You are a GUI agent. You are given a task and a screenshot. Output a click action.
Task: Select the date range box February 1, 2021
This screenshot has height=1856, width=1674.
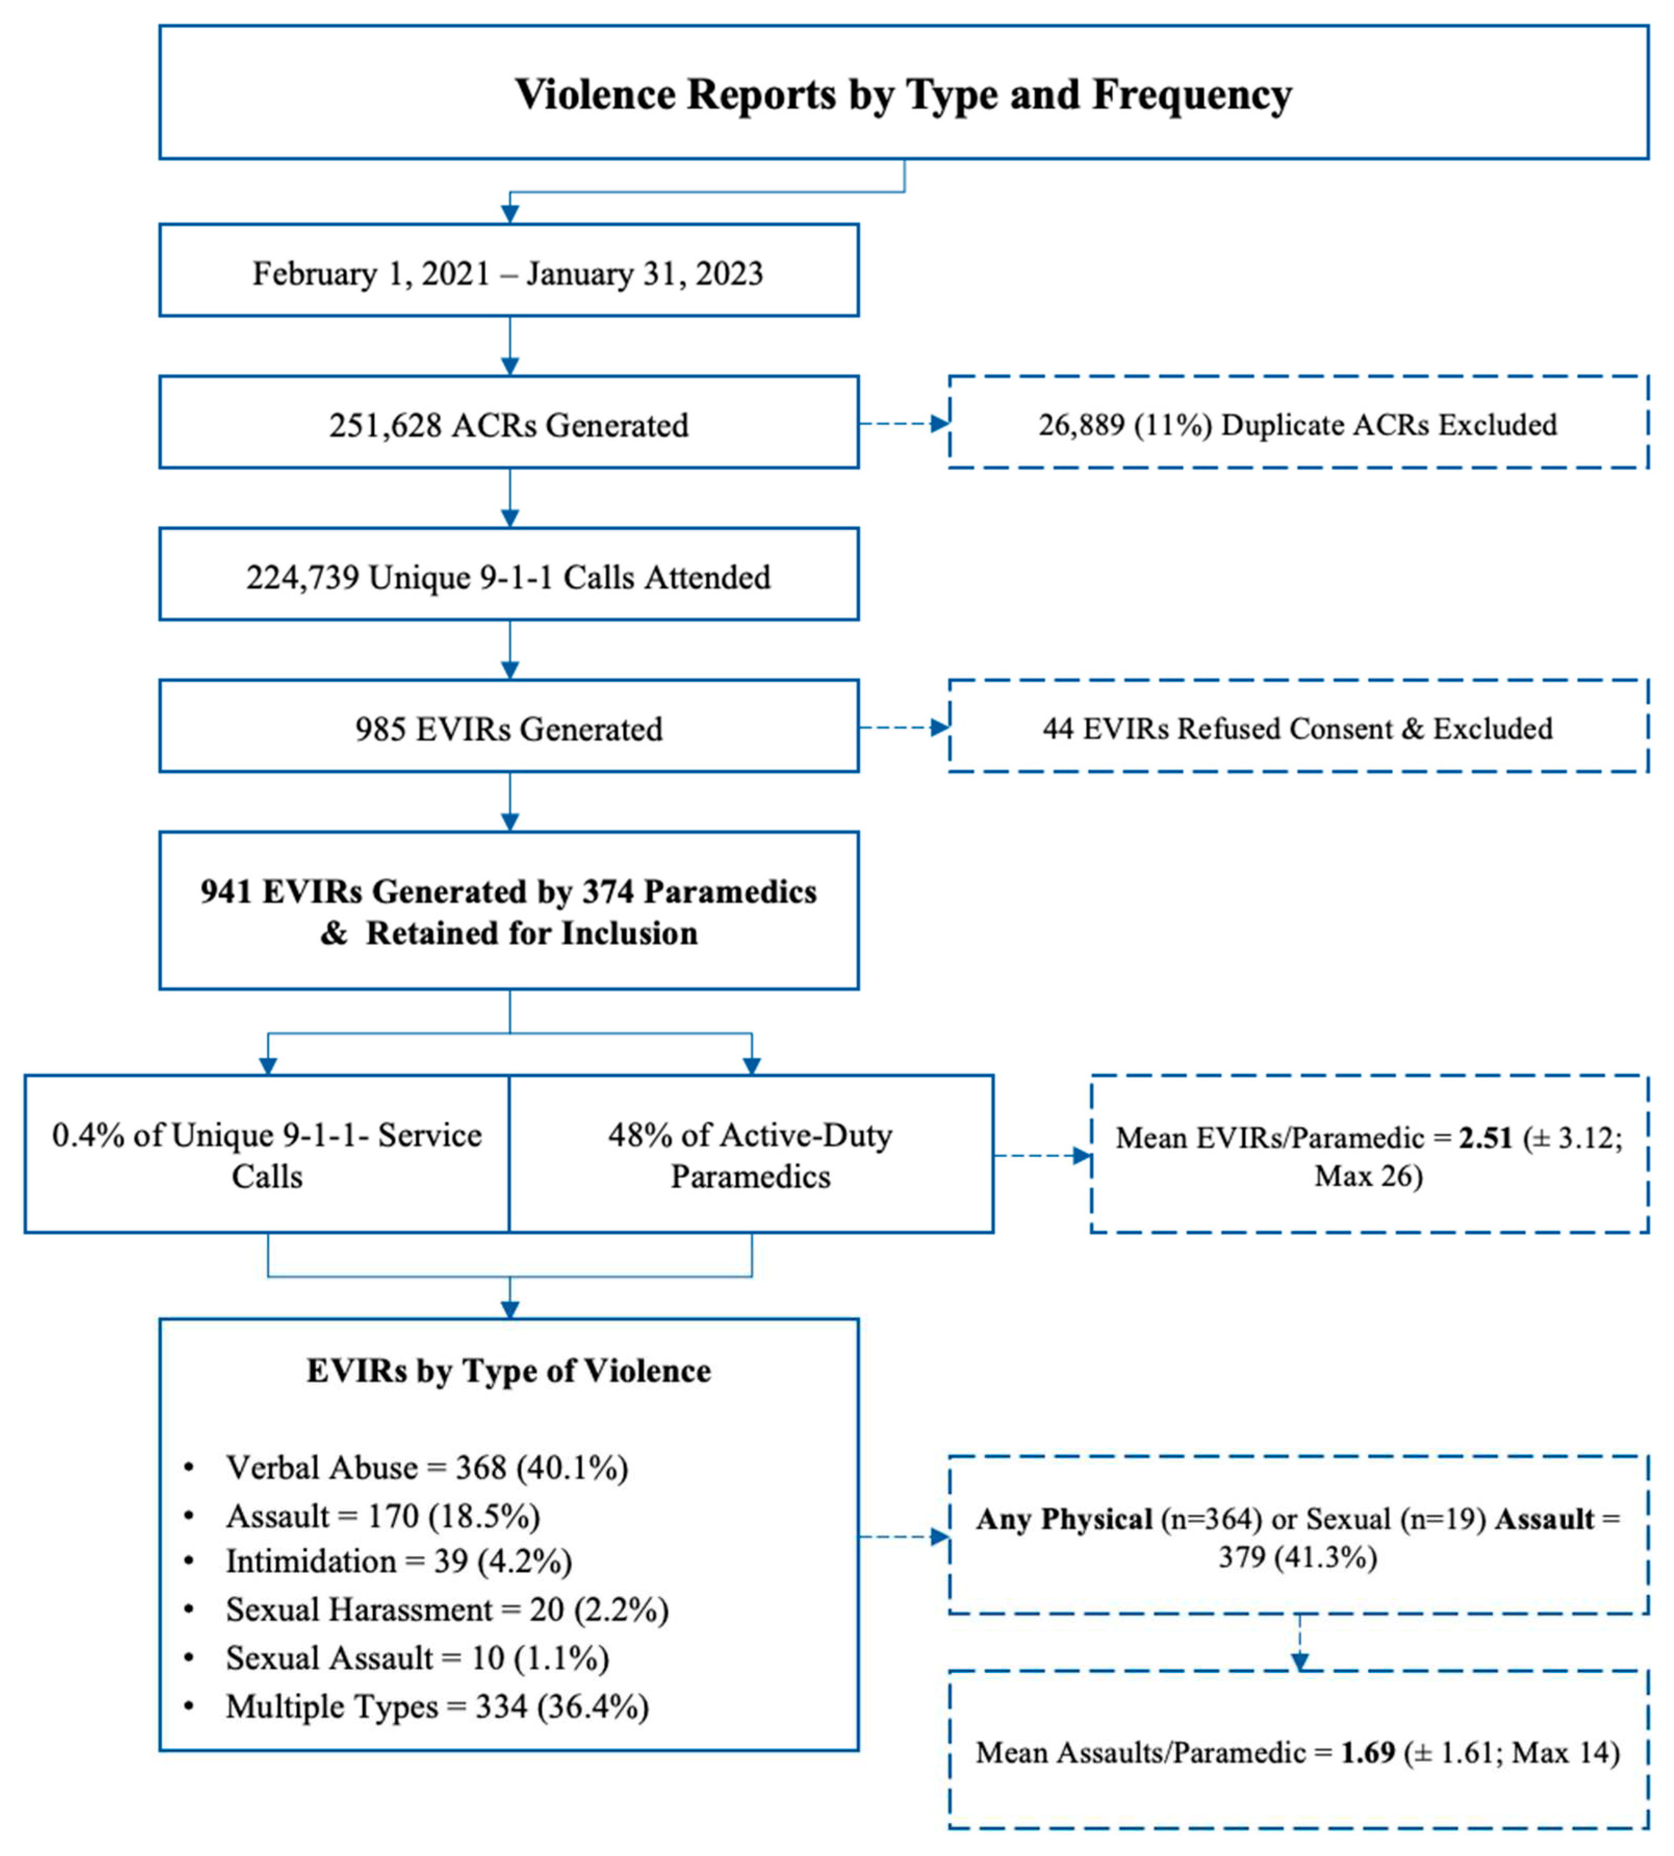click(509, 273)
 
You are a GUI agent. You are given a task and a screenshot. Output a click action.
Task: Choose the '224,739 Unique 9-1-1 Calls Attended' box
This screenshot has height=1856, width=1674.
click(509, 577)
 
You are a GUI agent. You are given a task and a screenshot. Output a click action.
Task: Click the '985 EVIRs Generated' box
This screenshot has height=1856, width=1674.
click(509, 728)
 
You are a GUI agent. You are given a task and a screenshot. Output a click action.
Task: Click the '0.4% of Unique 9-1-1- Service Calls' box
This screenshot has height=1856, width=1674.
click(267, 1155)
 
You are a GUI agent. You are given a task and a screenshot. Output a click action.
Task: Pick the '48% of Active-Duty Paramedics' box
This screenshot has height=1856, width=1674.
click(751, 1155)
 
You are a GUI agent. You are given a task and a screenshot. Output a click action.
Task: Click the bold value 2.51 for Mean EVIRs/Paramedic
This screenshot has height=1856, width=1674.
click(1486, 1138)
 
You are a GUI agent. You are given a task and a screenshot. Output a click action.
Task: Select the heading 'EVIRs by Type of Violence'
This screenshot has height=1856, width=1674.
click(509, 1370)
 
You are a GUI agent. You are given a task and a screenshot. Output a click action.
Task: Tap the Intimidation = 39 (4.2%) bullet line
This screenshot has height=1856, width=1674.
click(399, 1561)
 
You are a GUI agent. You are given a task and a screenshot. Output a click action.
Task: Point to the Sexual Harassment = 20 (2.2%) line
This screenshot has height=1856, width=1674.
click(447, 1609)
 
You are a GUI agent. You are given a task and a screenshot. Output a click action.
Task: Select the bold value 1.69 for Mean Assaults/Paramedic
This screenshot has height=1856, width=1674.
click(1368, 1752)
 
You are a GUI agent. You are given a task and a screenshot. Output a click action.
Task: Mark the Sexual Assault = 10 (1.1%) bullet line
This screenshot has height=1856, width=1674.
click(418, 1657)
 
